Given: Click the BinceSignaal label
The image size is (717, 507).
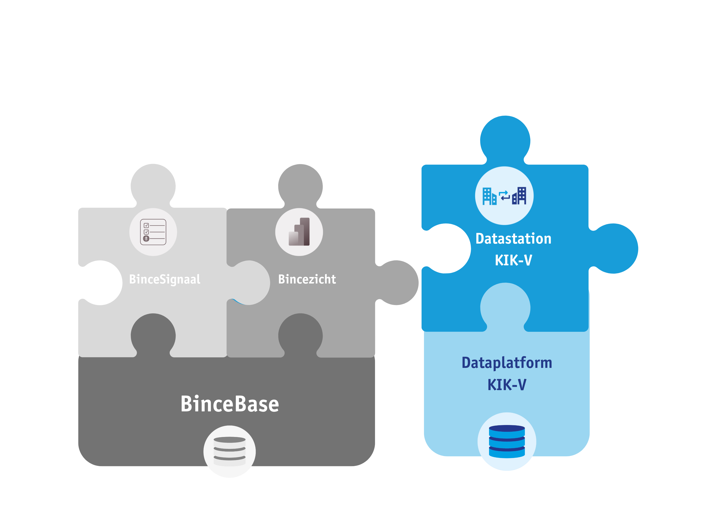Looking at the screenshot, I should click(165, 279).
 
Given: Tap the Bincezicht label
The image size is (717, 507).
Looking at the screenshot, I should click(307, 279).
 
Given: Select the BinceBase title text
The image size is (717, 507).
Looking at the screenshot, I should click(229, 404).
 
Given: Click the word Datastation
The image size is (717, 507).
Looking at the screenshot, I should click(513, 239).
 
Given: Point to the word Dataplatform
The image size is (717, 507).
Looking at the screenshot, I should click(507, 363).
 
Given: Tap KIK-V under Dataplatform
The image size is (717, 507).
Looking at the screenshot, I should click(507, 385).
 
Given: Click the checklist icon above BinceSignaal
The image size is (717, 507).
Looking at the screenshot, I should click(153, 232).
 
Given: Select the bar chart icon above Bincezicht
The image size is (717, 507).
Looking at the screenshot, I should click(299, 232).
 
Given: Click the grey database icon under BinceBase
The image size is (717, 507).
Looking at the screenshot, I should click(229, 451).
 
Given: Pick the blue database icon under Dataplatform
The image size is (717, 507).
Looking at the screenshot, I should click(507, 442).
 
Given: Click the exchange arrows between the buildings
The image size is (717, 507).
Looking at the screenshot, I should click(504, 196).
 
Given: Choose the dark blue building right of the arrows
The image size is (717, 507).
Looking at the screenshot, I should click(519, 196).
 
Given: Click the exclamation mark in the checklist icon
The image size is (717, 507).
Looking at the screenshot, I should click(146, 239).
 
